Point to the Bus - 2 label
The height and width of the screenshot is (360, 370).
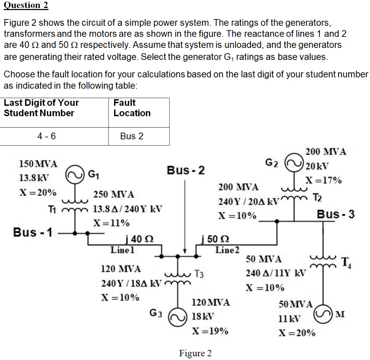point(186,170)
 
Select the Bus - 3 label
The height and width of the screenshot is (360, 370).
point(335,214)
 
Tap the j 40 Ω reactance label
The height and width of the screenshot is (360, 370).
point(138,239)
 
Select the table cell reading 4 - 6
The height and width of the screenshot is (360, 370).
point(46,136)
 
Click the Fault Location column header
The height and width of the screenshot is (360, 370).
point(132,108)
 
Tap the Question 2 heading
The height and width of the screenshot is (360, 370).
point(26,5)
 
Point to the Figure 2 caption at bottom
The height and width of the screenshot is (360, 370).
point(195,353)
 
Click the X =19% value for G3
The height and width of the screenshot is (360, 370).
point(210,331)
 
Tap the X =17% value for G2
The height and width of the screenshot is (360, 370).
point(324,180)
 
